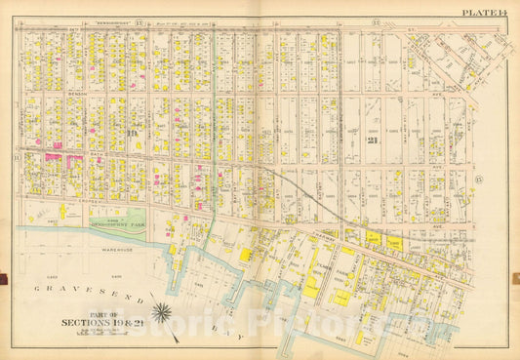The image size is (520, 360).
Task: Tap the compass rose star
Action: [x=162, y=313]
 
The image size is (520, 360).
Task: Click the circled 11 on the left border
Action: [x=17, y=156]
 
